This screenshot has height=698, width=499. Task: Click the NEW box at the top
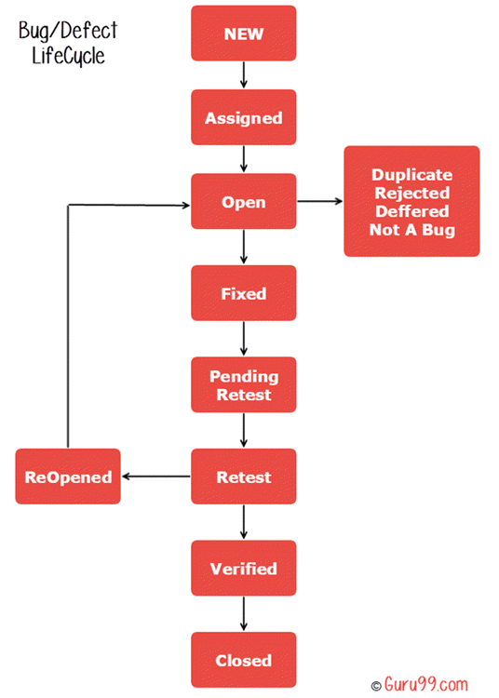(x=243, y=34)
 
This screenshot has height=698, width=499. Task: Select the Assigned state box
(x=243, y=118)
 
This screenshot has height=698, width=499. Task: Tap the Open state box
(x=243, y=202)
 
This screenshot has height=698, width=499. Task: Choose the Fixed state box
(x=243, y=293)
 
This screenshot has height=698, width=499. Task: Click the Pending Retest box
(x=243, y=385)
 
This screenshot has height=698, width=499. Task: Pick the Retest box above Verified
(x=243, y=477)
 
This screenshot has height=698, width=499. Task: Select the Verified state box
(x=243, y=568)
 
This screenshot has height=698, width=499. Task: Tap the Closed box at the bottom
(x=243, y=660)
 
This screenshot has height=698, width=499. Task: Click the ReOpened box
(x=68, y=477)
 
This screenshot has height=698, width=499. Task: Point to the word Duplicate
(x=411, y=174)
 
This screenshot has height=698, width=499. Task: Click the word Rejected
(x=411, y=193)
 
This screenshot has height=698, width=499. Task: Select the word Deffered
(x=411, y=211)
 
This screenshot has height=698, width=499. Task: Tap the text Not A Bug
(x=411, y=229)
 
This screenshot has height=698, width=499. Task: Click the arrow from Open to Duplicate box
(x=319, y=201)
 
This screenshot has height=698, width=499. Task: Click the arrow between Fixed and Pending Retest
(x=243, y=339)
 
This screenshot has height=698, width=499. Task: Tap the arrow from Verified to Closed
(x=243, y=614)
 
